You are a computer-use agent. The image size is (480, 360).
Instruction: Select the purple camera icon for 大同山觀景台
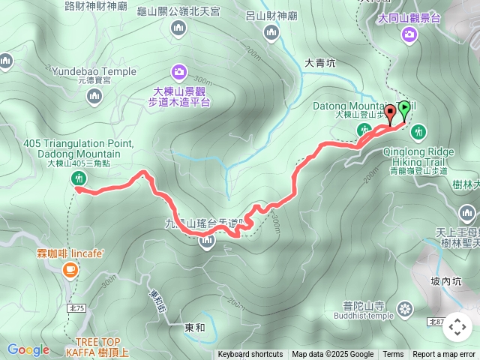[409, 33]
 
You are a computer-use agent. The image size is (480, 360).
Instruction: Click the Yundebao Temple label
[94, 71]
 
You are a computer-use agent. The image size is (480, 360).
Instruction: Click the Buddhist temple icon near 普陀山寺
[405, 308]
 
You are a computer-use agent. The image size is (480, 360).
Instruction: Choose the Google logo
[28, 349]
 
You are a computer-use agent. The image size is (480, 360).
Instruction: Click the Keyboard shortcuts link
[250, 355]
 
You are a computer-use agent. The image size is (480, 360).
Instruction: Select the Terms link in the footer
[393, 355]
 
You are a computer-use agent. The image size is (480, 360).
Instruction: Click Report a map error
[444, 355]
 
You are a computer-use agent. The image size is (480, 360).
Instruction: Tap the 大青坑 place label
[321, 64]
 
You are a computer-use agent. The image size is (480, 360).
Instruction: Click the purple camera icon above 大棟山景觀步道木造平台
[178, 72]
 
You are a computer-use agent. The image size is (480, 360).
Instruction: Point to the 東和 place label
[194, 328]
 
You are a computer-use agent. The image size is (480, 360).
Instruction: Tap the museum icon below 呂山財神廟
[271, 31]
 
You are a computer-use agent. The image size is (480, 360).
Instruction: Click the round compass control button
[457, 327]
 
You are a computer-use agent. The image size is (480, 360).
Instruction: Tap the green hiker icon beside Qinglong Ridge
[418, 132]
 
